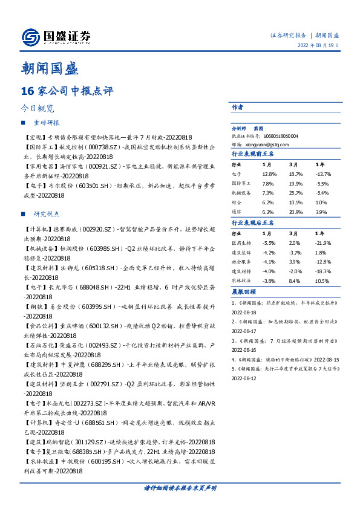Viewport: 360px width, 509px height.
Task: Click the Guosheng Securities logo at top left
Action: pyautogui.click(x=55, y=36)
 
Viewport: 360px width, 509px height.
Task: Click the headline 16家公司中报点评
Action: pyautogui.click(x=67, y=91)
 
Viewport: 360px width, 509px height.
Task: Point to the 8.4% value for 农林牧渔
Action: pyautogui.click(x=295, y=281)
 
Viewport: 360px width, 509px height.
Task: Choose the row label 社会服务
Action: pyautogui.click(x=242, y=262)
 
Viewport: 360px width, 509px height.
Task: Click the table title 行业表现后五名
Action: pyautogui.click(x=254, y=222)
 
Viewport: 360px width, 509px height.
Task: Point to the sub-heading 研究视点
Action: pyautogui.click(x=46, y=214)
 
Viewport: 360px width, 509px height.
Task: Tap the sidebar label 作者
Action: pyautogui.click(x=238, y=106)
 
